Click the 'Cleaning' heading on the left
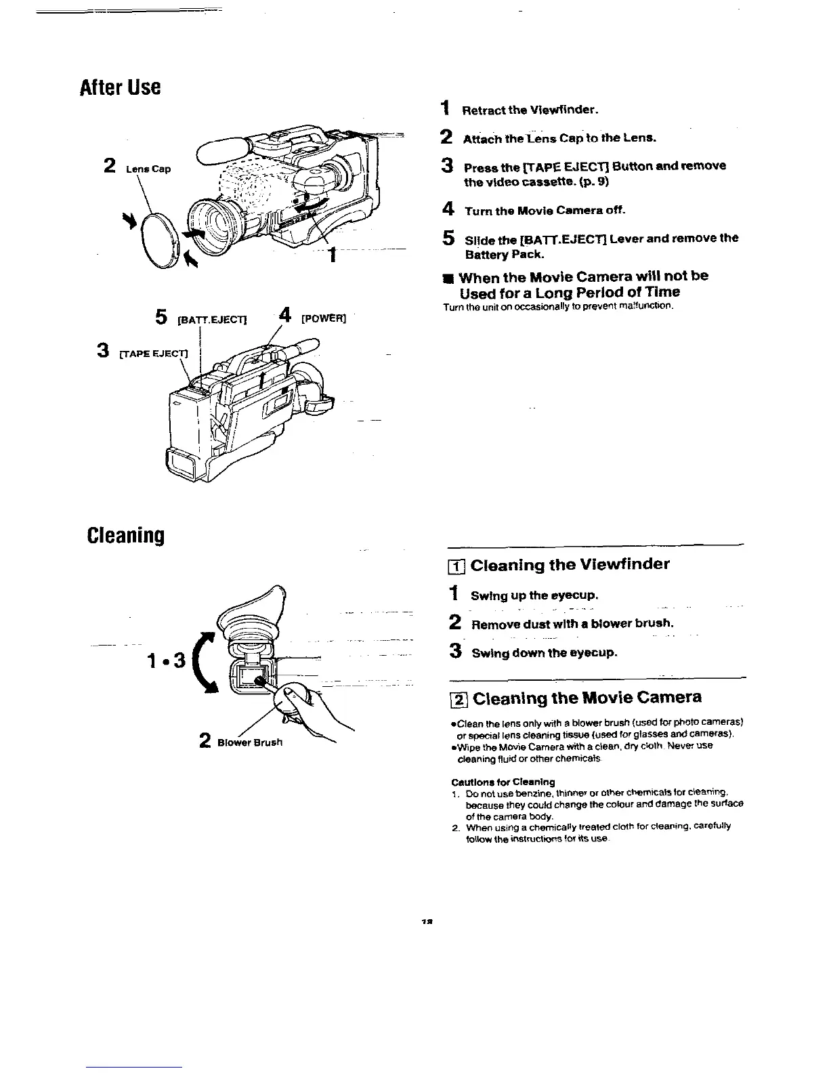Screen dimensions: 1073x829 pos(126,536)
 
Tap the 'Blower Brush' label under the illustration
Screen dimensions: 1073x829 pos(250,742)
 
